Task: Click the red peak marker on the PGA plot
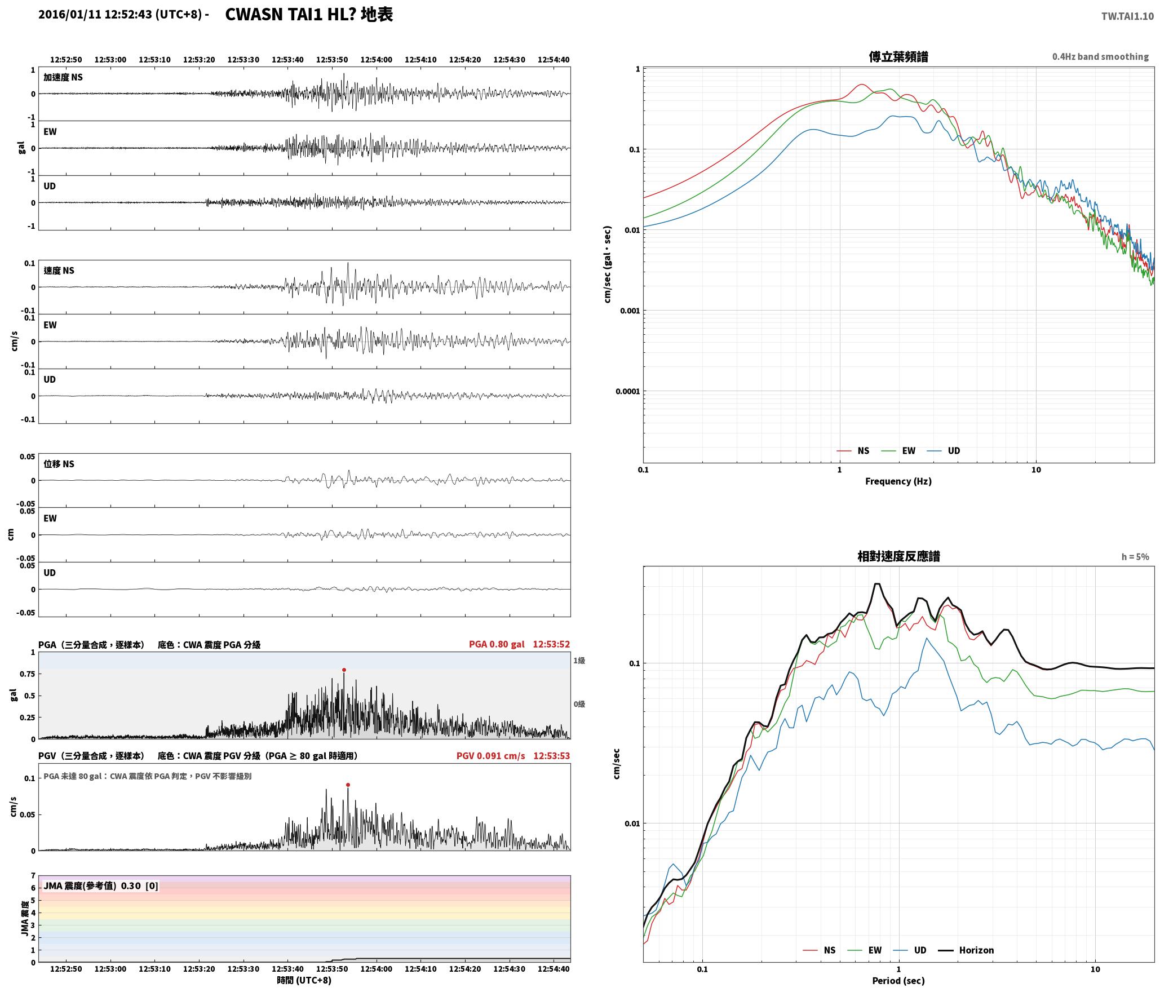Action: pos(344,670)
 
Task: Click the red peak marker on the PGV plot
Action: pos(348,785)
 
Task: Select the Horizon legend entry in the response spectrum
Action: pos(966,950)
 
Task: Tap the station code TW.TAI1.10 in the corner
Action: pos(1127,16)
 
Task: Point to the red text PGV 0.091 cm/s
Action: pos(490,755)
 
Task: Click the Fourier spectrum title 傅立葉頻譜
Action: pos(898,56)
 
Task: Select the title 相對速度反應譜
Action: pos(898,556)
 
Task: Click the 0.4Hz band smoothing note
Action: pos(1100,56)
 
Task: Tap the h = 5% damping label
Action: pos(1135,556)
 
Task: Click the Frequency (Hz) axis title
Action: pos(898,481)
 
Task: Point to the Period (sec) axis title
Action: pos(898,980)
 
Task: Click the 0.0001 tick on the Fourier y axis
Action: pos(628,391)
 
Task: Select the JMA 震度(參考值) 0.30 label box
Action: pos(101,885)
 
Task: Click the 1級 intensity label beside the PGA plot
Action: pos(579,660)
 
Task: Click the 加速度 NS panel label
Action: pos(63,77)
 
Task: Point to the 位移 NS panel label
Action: pos(59,464)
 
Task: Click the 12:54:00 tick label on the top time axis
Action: pos(376,59)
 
